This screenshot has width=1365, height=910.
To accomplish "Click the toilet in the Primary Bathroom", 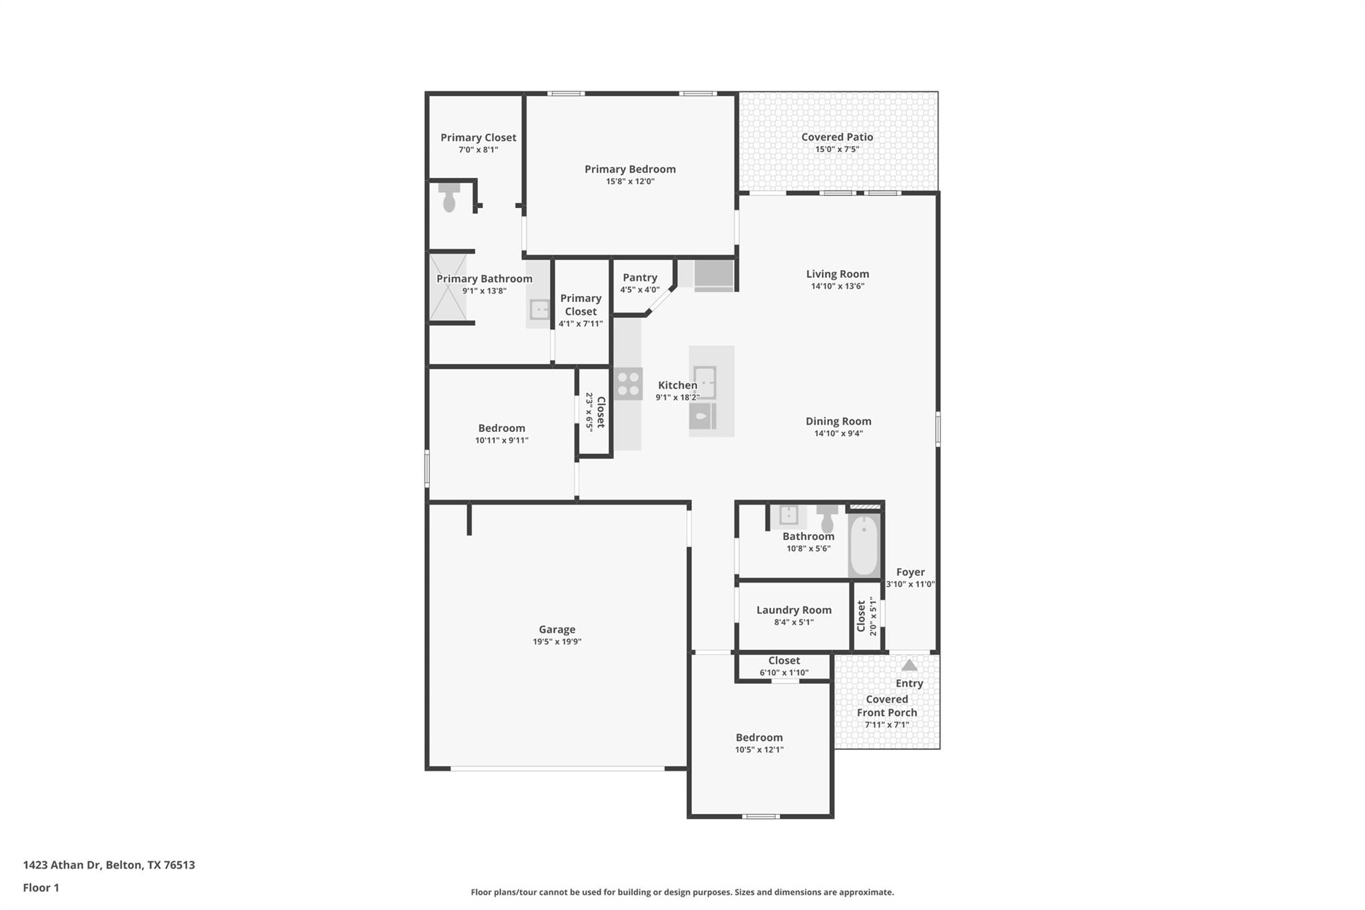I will pyautogui.click(x=449, y=198).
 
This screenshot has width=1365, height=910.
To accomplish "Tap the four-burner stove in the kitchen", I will pyautogui.click(x=628, y=383).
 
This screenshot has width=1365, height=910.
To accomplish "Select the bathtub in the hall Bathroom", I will pyautogui.click(x=864, y=545).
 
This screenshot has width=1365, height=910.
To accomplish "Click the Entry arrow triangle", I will pyautogui.click(x=909, y=665).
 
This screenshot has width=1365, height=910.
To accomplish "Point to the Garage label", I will pyautogui.click(x=557, y=629).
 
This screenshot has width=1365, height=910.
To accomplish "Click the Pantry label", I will pyautogui.click(x=640, y=277).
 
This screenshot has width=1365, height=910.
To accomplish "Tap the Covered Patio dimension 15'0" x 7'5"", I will pyautogui.click(x=837, y=149).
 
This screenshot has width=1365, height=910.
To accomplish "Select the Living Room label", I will pyautogui.click(x=837, y=274).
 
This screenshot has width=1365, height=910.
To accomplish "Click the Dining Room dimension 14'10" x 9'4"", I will pyautogui.click(x=838, y=433).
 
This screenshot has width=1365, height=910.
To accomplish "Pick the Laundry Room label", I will pyautogui.click(x=794, y=610).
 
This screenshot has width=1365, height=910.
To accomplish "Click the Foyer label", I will pyautogui.click(x=910, y=572).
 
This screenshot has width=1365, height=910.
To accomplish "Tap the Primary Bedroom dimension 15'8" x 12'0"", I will pyautogui.click(x=630, y=181).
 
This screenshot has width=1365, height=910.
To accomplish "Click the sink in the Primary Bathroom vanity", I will pyautogui.click(x=539, y=309).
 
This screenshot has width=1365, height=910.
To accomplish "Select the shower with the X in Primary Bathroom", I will pyautogui.click(x=448, y=287).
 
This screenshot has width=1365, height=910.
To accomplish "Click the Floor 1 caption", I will pyautogui.click(x=41, y=887).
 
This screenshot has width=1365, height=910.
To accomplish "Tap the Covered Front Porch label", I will pyautogui.click(x=887, y=706).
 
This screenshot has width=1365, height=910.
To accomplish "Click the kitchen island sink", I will pyautogui.click(x=704, y=382).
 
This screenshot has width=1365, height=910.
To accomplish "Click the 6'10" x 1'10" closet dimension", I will pyautogui.click(x=784, y=673).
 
